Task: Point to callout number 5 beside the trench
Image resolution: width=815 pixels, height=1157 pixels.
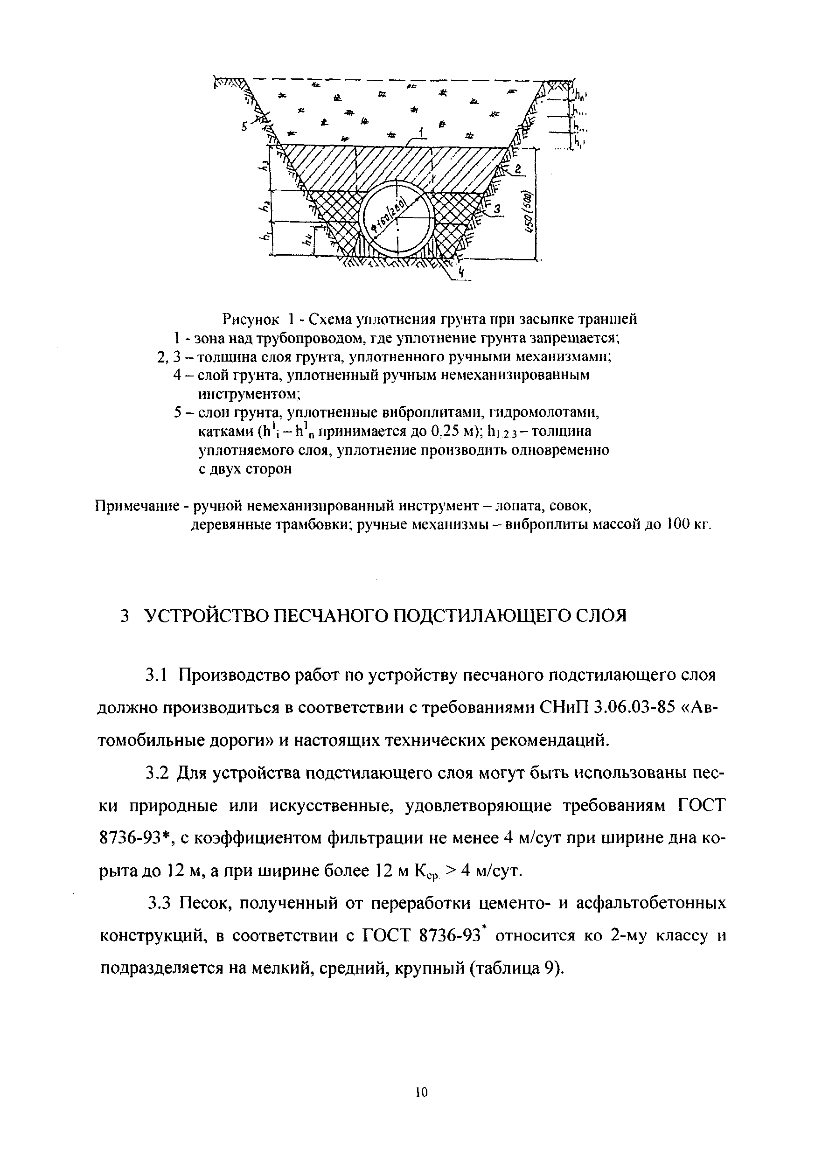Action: click(244, 127)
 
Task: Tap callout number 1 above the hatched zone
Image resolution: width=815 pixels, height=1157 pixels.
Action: click(421, 132)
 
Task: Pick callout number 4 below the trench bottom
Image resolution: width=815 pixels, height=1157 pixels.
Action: click(460, 272)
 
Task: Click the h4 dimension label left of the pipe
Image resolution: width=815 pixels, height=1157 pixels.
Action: click(306, 240)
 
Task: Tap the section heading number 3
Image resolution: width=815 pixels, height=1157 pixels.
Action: click(125, 616)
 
